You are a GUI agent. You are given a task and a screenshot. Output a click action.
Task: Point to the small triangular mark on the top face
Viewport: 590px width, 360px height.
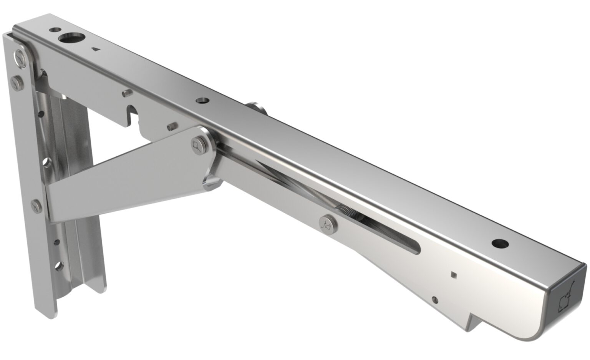point(95,49)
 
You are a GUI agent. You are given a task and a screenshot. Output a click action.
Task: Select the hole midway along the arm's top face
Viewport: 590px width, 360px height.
point(202,101)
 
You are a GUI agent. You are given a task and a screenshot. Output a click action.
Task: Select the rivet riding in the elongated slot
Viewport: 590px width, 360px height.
point(327,224)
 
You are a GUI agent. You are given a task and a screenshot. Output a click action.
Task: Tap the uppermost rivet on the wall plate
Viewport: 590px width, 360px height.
point(20,57)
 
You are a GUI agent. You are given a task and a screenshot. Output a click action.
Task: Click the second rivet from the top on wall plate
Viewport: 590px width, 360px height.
point(15,82)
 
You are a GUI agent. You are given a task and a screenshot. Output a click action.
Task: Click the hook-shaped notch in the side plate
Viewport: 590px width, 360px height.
point(132,114)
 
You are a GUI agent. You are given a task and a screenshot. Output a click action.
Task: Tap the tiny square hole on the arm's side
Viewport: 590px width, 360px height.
point(454,274)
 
